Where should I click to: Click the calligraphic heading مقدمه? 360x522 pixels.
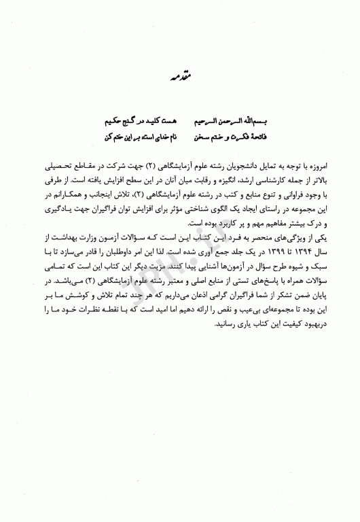click(179, 79)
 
